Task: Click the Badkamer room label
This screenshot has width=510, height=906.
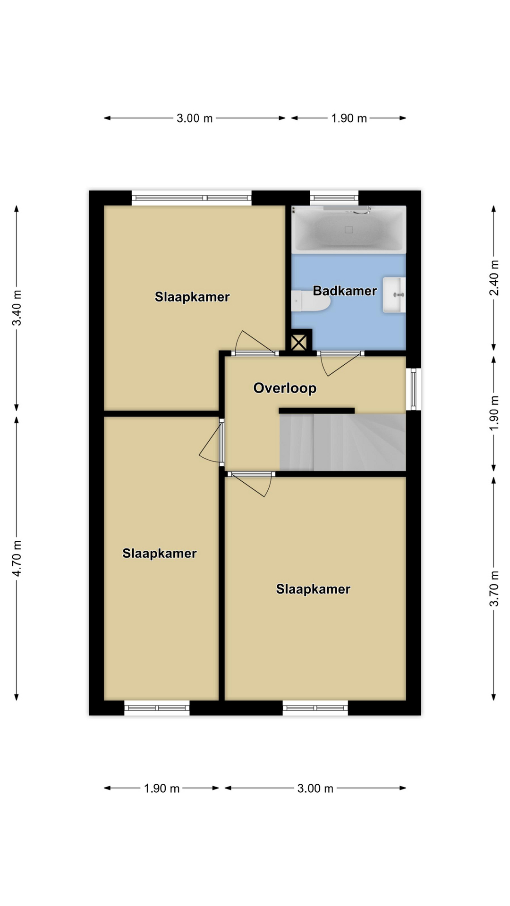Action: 345,291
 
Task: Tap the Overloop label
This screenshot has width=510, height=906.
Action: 285,388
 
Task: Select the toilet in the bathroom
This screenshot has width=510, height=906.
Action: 310,301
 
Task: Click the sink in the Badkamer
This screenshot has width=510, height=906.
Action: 394,295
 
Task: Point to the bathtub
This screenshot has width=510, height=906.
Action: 348,229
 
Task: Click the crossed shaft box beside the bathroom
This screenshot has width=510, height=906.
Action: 299,342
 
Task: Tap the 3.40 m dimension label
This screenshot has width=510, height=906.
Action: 17,308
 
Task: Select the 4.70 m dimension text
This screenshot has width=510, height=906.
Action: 17,558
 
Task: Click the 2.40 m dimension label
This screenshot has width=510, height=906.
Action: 494,278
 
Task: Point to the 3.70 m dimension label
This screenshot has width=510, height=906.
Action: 494,588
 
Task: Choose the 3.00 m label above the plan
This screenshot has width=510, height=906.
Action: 195,118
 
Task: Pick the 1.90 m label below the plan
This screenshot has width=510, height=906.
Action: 161,789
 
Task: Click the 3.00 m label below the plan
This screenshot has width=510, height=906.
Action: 315,789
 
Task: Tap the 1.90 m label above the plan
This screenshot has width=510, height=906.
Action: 349,118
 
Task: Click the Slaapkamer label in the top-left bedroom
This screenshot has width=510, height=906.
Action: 192,297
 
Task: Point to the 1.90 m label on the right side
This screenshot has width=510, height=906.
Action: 494,413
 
